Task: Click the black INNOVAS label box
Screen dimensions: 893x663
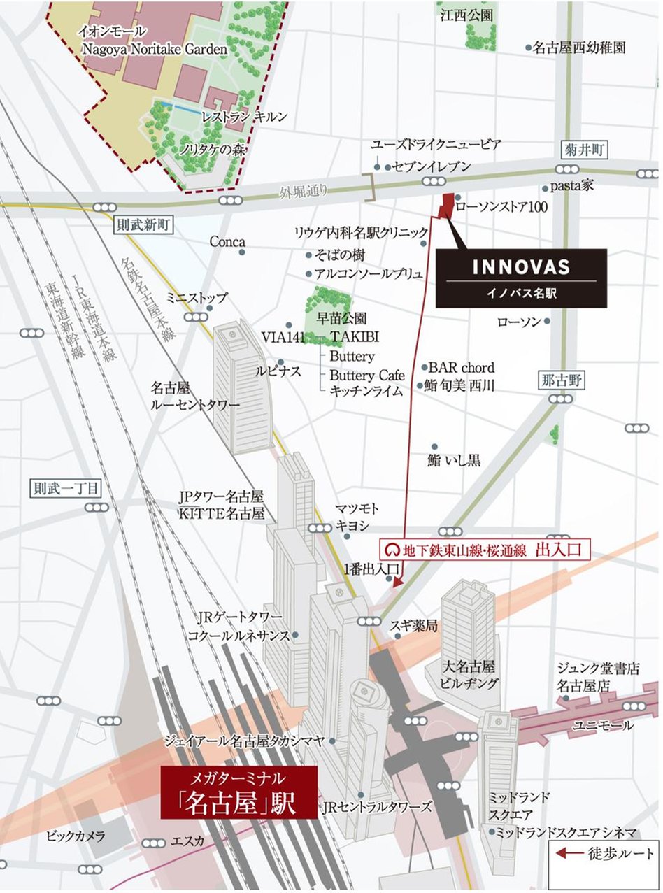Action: tap(521, 278)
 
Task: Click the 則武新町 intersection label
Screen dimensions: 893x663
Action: tap(143, 224)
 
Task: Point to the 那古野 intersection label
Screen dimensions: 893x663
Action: tap(563, 381)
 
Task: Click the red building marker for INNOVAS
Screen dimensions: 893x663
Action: tap(445, 205)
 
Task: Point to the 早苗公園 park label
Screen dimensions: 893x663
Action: tap(341, 318)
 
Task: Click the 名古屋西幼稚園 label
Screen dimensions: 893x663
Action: tap(579, 48)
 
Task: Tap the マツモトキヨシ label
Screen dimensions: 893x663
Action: tap(357, 517)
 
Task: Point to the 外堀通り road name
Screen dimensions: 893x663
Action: tap(304, 192)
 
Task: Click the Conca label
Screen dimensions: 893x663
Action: tap(227, 241)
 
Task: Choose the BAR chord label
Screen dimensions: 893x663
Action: tap(462, 367)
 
